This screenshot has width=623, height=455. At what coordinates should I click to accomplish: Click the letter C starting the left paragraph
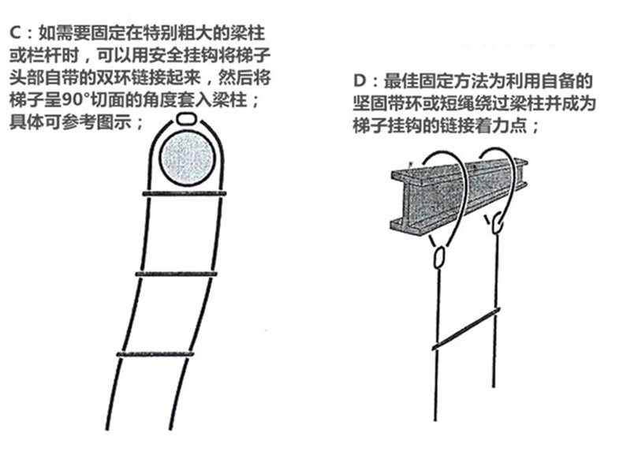tap(15, 32)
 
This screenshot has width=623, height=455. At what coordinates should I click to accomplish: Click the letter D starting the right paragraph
tap(359, 81)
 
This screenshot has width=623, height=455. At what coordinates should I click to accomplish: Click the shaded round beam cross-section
tap(187, 159)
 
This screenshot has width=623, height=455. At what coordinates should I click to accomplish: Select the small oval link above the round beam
tap(186, 119)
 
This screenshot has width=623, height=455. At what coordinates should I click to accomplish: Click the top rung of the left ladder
tap(185, 194)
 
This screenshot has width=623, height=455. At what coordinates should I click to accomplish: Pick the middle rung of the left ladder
tap(176, 274)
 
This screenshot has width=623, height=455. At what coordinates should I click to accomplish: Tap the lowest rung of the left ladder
tap(155, 353)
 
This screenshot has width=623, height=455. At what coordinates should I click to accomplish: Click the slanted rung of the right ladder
tap(466, 329)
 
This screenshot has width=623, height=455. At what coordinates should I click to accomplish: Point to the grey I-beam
tap(459, 196)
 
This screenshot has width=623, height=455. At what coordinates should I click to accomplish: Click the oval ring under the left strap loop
tap(439, 258)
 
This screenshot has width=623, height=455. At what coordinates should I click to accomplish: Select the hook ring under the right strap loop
tap(497, 223)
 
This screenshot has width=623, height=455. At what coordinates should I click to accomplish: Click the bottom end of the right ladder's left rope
tap(435, 420)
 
